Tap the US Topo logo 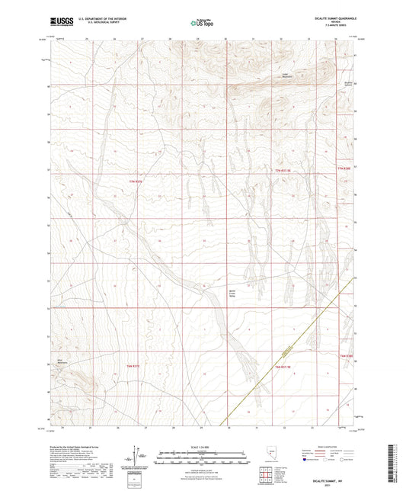click(201, 23)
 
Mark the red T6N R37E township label click(133, 367)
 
